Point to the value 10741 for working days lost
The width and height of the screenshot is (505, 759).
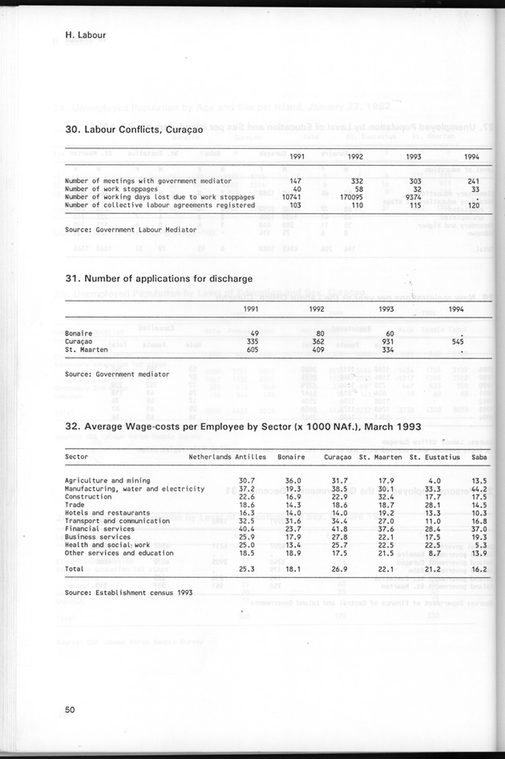point(286,196)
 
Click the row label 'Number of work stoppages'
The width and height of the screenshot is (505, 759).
point(111,189)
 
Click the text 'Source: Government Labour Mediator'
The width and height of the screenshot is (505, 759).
point(131,229)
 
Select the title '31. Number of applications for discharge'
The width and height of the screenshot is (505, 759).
point(159,279)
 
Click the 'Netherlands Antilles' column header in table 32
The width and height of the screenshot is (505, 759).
point(221,457)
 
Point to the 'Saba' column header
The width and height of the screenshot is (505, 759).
point(479,457)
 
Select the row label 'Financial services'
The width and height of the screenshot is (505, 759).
point(100,529)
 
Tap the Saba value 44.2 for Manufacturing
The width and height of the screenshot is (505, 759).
point(479,489)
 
